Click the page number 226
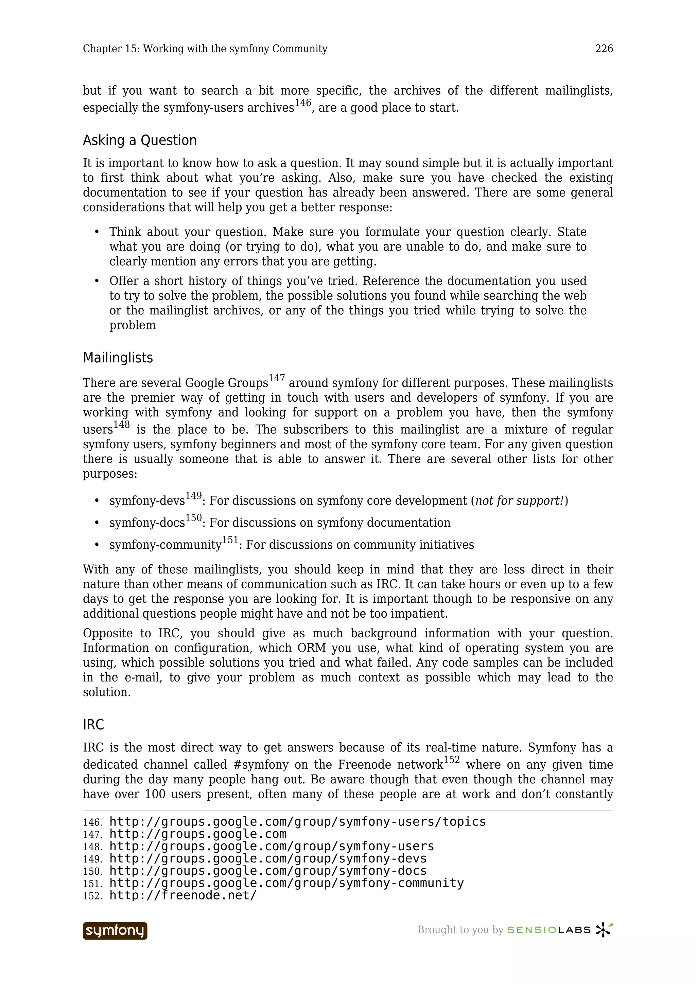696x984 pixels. coord(604,49)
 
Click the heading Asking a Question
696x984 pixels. coord(140,140)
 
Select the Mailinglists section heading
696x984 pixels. coord(118,358)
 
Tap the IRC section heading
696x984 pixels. coord(93,724)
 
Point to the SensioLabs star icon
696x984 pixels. coord(604,930)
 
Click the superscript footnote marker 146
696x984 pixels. coord(303,103)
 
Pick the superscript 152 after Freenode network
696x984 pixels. coord(452,760)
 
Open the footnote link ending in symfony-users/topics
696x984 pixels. coord(298,822)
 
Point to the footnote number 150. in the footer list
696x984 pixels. coord(92,871)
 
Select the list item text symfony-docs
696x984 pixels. coord(147,523)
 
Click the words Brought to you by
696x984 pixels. coord(460,930)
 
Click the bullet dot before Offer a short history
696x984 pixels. coord(97,281)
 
